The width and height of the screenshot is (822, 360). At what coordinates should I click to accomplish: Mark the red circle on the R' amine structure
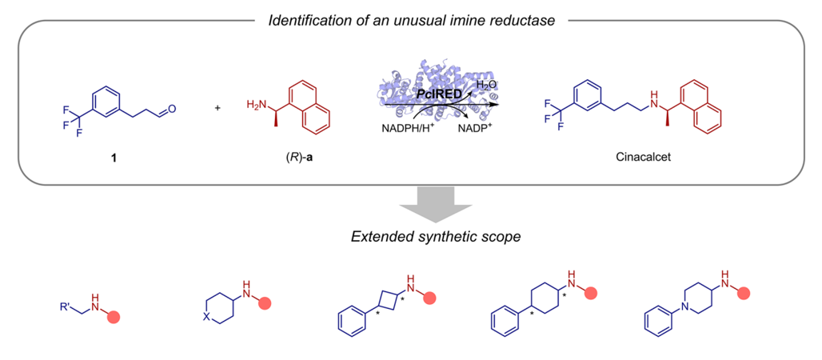(115, 317)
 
